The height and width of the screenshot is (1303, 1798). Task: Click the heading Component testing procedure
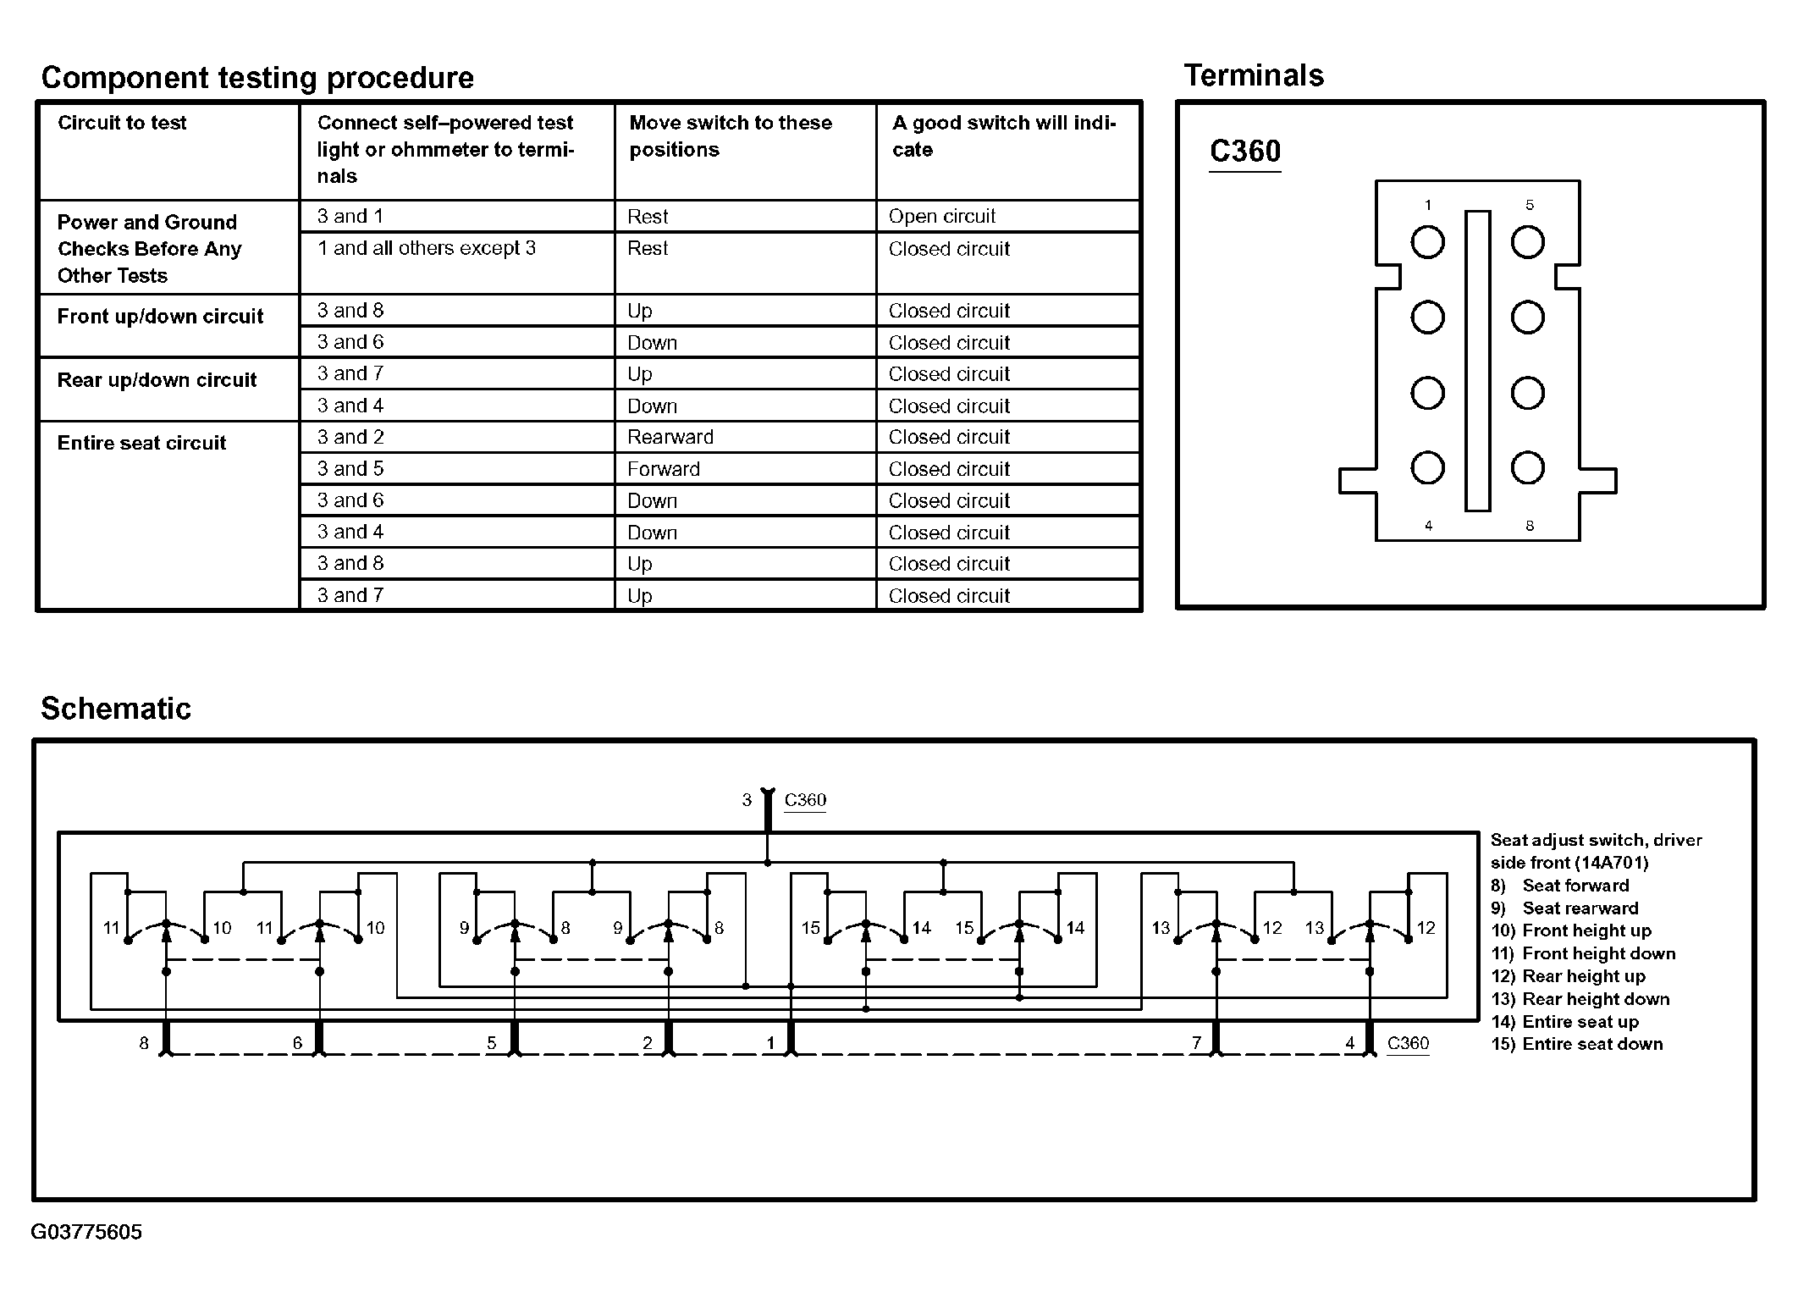click(257, 78)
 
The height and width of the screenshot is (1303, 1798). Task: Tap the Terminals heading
click(1254, 75)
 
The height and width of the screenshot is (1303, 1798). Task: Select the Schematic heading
click(116, 709)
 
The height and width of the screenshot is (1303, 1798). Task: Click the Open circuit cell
click(942, 217)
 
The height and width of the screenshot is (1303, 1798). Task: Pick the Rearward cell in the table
click(670, 437)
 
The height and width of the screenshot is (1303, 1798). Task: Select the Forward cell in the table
click(664, 469)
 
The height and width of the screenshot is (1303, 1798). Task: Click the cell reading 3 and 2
click(350, 437)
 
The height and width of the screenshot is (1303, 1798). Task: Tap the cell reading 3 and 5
click(350, 469)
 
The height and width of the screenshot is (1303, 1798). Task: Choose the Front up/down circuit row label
click(160, 317)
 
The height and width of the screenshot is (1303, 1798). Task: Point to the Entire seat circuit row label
click(141, 443)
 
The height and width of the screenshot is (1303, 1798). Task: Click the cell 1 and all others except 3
click(427, 248)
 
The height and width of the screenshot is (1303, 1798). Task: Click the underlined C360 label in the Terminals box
click(1245, 152)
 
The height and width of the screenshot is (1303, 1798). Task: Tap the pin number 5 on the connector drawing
click(1529, 205)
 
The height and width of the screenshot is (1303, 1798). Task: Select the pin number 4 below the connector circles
click(1429, 526)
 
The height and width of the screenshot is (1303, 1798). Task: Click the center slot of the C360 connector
click(1478, 361)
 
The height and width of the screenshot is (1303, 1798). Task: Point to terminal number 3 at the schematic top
click(747, 800)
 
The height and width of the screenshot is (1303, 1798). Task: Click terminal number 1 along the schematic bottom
click(770, 1043)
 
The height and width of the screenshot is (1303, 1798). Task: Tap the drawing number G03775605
click(86, 1232)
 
